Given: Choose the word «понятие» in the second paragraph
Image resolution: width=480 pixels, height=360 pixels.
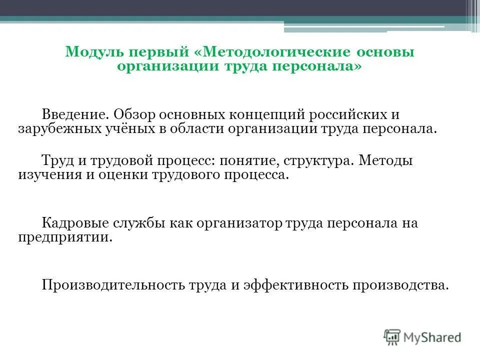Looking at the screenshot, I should coord(253,161).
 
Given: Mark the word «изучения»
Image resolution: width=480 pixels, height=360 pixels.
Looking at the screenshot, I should coord(41,175).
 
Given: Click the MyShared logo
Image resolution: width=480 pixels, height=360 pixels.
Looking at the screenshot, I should coord(422,337).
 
